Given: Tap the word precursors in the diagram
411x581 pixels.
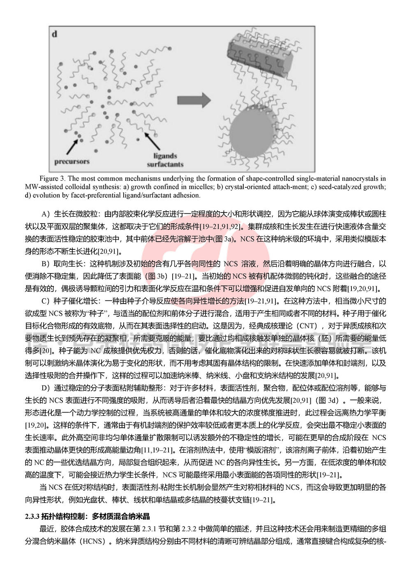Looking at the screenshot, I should [x=72, y=161].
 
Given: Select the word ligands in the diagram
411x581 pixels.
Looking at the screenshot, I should [x=165, y=156].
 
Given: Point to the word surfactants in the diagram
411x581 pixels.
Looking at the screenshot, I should [x=165, y=164].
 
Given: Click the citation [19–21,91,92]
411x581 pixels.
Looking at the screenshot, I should [x=220, y=226].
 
